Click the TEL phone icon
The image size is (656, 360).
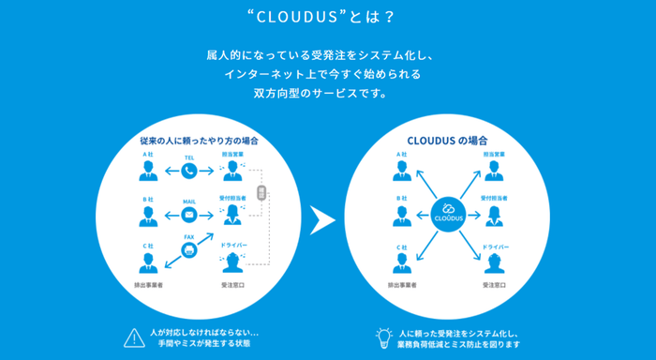189,171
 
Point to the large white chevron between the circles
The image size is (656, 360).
323,219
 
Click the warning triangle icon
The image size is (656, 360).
131,336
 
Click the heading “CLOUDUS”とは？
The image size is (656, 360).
328,16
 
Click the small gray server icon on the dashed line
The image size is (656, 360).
261,192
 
